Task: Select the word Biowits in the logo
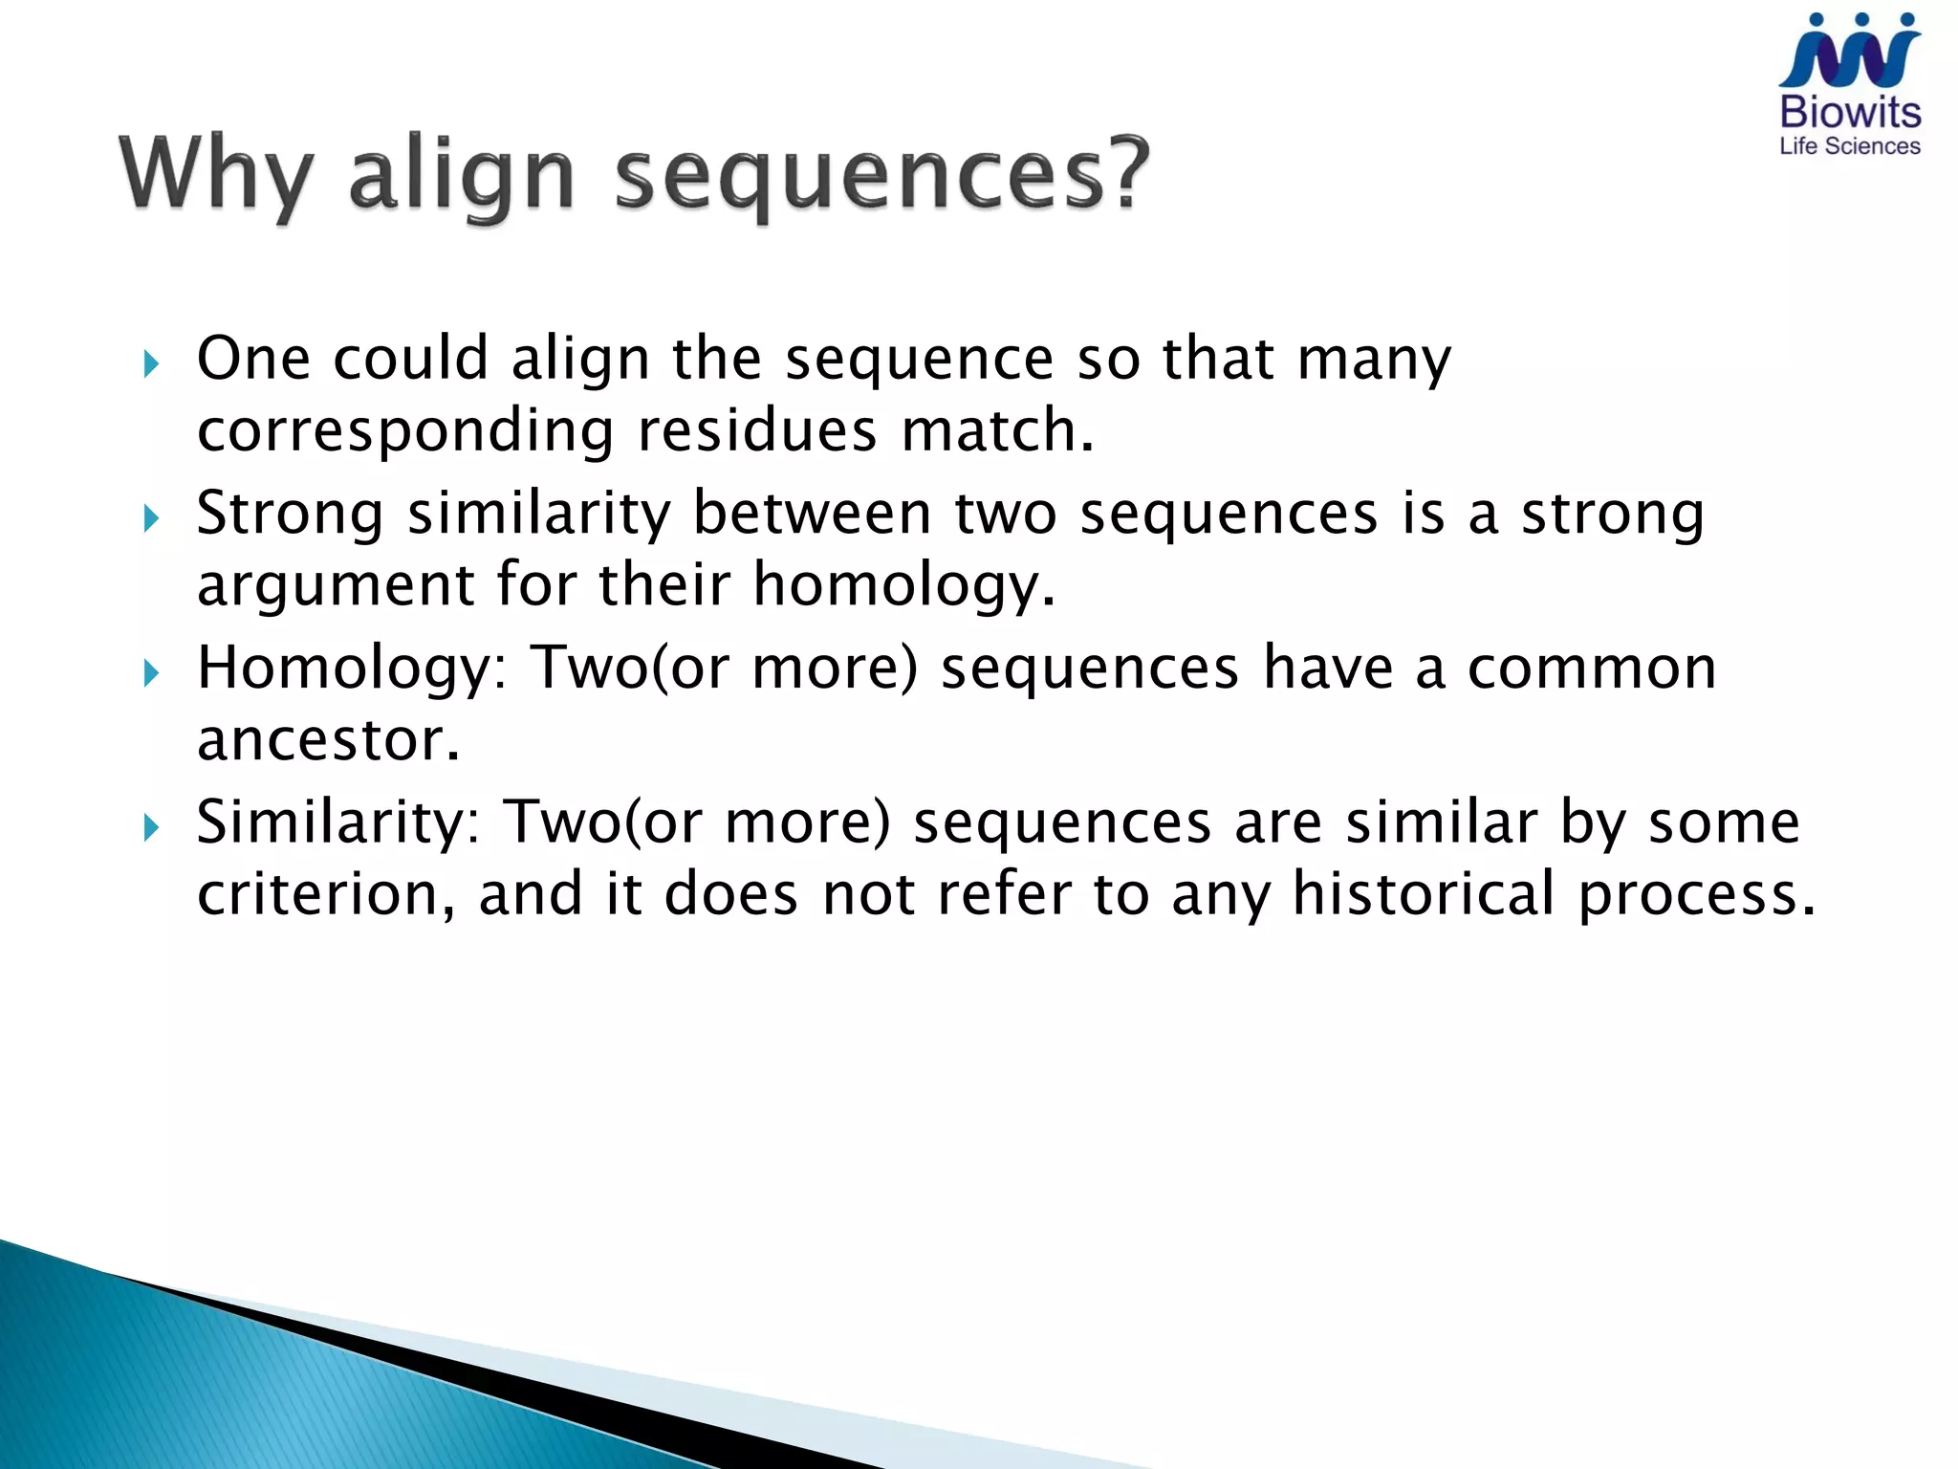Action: (x=1849, y=113)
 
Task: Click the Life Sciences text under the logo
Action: (x=1849, y=146)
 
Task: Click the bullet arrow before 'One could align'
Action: (x=150, y=363)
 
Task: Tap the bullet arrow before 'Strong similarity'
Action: (x=150, y=519)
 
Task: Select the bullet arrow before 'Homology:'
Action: (x=150, y=674)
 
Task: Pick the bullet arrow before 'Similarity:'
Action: (x=150, y=828)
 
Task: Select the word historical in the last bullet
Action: (x=1422, y=894)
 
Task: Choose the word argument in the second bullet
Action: (x=335, y=585)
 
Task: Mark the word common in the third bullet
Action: (x=1591, y=668)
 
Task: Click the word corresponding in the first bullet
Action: (x=404, y=432)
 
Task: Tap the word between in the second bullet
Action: (x=811, y=514)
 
